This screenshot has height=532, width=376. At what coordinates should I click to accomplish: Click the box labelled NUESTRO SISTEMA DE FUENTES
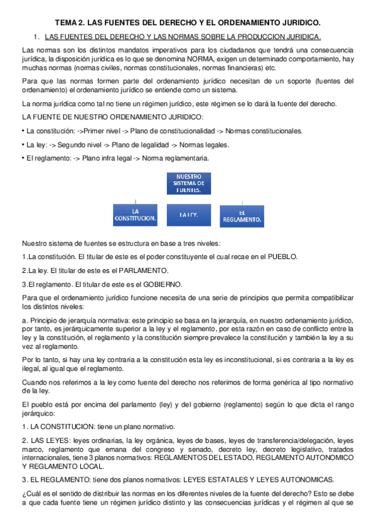(x=188, y=183)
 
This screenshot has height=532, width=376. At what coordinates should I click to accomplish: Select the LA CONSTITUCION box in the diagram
(x=135, y=215)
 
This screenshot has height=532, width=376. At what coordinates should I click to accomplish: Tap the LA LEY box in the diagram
(x=188, y=215)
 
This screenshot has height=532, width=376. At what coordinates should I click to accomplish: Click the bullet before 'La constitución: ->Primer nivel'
(x=23, y=131)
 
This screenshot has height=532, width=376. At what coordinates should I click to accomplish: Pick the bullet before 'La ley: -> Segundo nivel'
(x=23, y=145)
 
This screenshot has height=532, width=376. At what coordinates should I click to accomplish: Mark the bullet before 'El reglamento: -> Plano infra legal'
(x=23, y=159)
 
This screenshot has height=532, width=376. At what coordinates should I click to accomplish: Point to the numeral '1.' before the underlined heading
(x=36, y=36)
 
